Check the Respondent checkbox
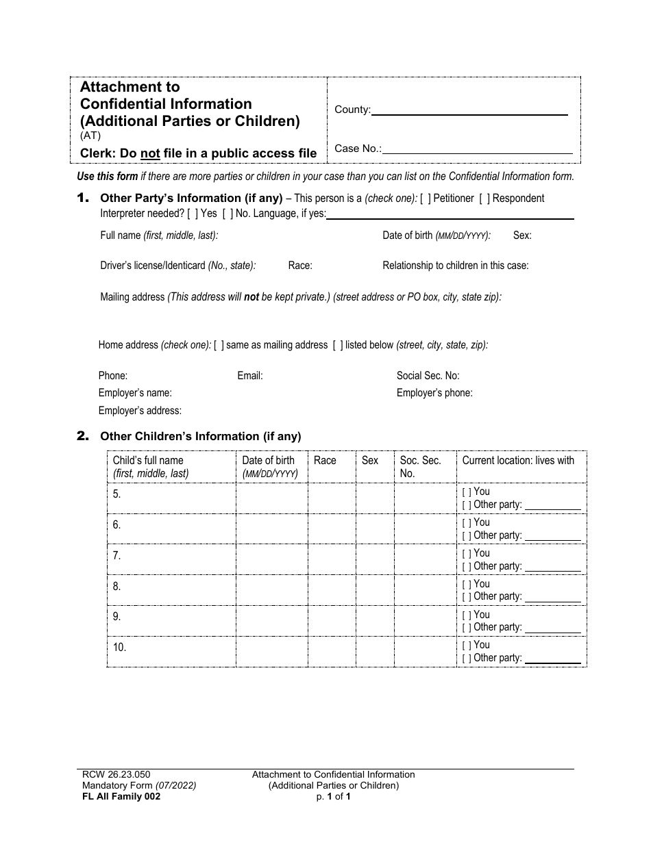pyautogui.click(x=484, y=199)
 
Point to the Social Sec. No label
pyautogui.click(x=428, y=376)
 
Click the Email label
pyautogui.click(x=250, y=376)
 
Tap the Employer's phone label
pyautogui.click(x=434, y=393)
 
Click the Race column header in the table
pyautogui.click(x=325, y=461)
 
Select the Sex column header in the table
pyautogui.click(x=370, y=461)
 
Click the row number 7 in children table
pyautogui.click(x=116, y=556)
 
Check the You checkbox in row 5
pyautogui.click(x=466, y=492)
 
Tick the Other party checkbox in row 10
pyautogui.click(x=466, y=659)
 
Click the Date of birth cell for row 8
pyautogui.click(x=271, y=589)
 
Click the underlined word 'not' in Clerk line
pyautogui.click(x=150, y=153)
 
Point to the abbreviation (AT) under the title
pyautogui.click(x=90, y=136)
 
